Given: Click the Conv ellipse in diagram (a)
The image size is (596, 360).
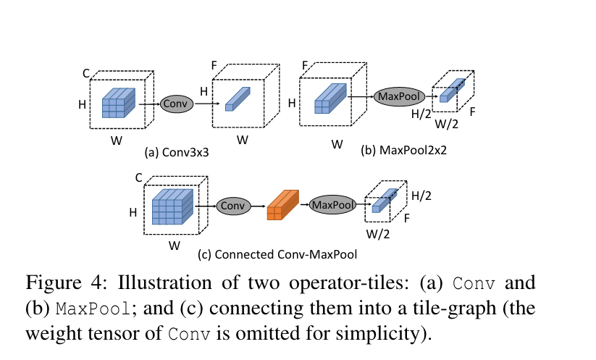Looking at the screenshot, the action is coord(177,104).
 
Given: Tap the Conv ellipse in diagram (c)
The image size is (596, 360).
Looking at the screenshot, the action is coord(233,206).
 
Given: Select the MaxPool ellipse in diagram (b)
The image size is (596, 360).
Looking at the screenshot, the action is coord(399,96).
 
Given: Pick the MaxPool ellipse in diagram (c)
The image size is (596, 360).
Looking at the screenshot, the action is coord(333,205).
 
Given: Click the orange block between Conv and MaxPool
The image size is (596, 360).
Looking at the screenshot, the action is coord(283,205).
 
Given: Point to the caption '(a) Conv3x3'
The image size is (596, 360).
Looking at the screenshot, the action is coord(177,152).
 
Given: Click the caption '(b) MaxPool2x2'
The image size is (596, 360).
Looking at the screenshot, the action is coord(403,150).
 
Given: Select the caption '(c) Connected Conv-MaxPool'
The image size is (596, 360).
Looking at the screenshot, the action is coord(277,254).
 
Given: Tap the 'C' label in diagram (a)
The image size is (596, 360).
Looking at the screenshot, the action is coord(86,73).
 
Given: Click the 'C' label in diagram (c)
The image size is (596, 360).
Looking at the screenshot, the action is coord(139,177).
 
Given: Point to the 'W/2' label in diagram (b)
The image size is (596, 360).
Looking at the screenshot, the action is coord(447,124).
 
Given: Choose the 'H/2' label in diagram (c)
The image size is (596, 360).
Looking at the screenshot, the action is coord(421,196).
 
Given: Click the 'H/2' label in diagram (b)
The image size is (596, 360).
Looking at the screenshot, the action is coord(421,114).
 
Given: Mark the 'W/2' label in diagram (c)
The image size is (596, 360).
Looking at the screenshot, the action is coord(378,234).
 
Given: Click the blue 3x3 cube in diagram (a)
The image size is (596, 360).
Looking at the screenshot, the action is coord(119,103).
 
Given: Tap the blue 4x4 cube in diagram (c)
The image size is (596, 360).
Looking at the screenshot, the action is coord(172,206).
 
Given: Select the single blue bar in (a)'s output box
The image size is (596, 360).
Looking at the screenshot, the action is coord(238,99).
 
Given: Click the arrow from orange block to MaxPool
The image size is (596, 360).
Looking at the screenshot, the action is coord(304,205).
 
